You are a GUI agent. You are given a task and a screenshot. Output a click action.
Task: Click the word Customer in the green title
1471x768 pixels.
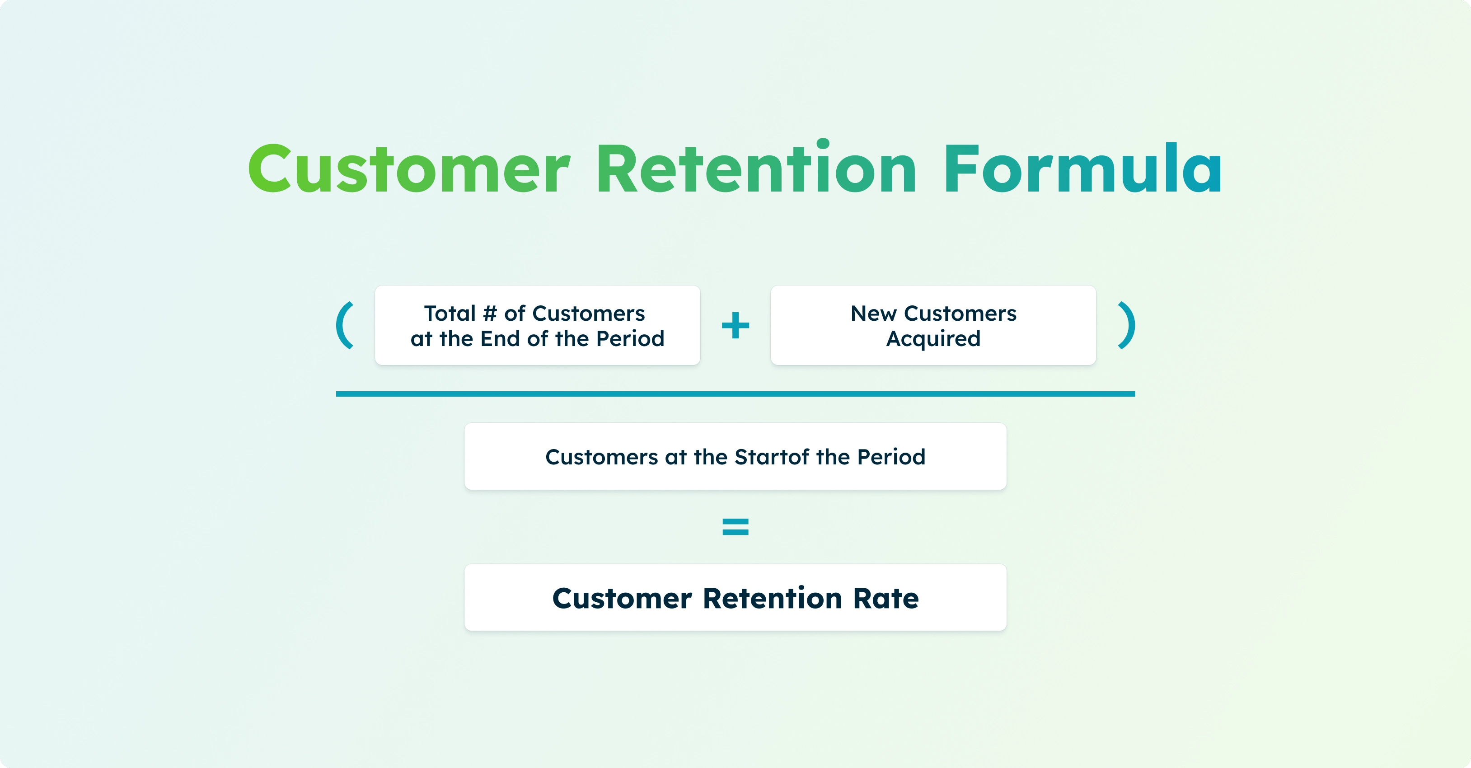tap(409, 169)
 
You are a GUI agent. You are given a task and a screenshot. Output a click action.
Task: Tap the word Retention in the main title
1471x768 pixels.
tap(756, 169)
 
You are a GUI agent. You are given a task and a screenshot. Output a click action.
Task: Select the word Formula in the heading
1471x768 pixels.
tap(1082, 169)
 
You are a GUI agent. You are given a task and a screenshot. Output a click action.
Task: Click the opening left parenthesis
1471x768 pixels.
tap(345, 325)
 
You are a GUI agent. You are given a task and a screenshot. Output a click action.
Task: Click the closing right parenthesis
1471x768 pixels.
tap(1126, 325)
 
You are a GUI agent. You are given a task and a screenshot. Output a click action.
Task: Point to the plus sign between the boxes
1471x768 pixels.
tap(735, 325)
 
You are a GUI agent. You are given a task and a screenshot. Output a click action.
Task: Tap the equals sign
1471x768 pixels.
tap(735, 526)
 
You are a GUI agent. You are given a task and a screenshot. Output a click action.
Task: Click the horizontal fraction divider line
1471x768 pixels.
tap(735, 394)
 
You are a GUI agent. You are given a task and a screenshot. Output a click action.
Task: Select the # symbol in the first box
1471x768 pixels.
tap(490, 314)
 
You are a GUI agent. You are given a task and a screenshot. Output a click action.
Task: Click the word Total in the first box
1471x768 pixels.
tap(450, 314)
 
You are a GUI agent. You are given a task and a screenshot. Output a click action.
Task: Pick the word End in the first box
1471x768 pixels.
tap(500, 339)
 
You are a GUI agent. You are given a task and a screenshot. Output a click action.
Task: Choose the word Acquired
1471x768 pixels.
tap(933, 339)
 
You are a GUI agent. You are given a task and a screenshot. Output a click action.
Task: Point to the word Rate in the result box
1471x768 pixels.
tap(885, 599)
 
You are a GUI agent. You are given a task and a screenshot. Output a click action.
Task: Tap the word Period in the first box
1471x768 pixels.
tap(630, 339)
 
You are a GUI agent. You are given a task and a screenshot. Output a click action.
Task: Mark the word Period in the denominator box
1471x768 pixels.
tap(891, 457)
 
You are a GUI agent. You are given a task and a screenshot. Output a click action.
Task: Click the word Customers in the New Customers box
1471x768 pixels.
tap(960, 314)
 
